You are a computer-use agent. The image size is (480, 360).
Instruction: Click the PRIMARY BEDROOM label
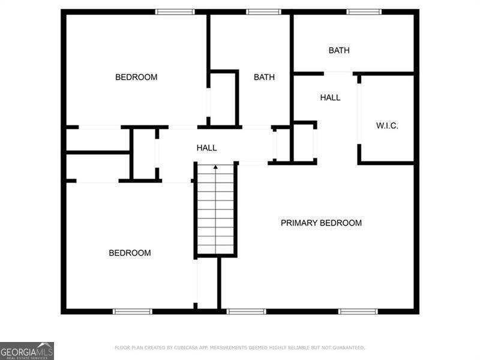tap(321, 223)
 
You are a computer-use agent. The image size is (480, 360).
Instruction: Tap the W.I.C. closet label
tap(387, 125)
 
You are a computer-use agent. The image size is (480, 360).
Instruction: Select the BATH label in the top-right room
tap(339, 50)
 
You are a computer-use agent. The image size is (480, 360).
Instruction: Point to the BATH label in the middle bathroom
tap(264, 77)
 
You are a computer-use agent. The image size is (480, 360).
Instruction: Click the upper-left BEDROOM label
tap(136, 77)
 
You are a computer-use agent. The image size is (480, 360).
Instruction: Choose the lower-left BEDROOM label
tap(130, 253)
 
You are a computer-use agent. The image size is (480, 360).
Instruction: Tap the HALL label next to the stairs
tap(207, 148)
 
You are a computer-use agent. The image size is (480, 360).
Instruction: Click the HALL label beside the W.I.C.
tap(330, 97)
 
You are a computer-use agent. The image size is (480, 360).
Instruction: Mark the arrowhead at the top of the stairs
tap(216, 167)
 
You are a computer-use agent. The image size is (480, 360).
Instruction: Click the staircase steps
tap(216, 210)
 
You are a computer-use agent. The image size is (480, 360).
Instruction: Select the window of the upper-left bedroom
tap(175, 11)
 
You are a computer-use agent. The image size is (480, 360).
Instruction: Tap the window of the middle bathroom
tap(263, 11)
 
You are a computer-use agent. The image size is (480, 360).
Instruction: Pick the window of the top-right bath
tap(364, 11)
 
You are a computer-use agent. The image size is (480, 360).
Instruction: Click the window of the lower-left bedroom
tap(133, 311)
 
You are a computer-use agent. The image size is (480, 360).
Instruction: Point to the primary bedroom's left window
tap(246, 311)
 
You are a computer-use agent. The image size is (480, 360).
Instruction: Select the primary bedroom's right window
tap(358, 311)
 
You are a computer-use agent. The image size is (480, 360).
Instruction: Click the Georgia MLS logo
tap(27, 350)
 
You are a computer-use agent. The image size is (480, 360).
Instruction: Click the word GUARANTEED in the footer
tap(347, 347)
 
